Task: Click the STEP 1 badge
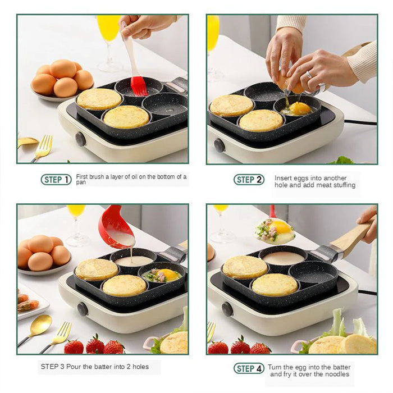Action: pyautogui.click(x=56, y=180)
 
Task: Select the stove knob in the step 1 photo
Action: pyautogui.click(x=80, y=139)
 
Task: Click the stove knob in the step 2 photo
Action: pyautogui.click(x=219, y=145)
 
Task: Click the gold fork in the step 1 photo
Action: pyautogui.click(x=43, y=148)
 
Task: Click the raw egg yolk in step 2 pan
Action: pyautogui.click(x=300, y=108)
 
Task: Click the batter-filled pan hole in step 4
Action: pyautogui.click(x=284, y=258)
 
